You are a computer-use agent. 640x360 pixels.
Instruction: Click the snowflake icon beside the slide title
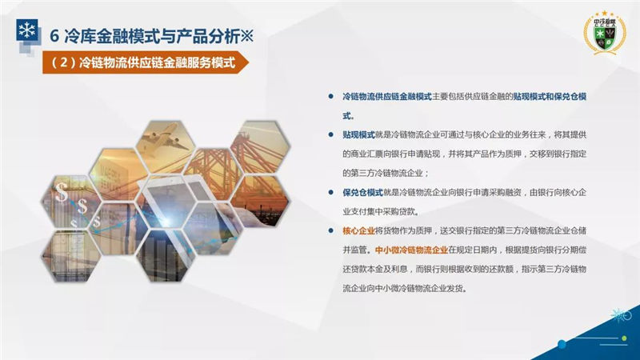click(x=27, y=30)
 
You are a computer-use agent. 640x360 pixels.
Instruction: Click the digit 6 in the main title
click(x=54, y=36)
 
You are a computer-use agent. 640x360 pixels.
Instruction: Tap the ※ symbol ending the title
click(x=246, y=36)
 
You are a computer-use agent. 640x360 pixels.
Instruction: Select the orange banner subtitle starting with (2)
click(x=145, y=62)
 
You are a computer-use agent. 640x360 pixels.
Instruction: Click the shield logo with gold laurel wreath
click(x=605, y=33)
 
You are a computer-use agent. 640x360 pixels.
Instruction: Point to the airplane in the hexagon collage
click(x=166, y=138)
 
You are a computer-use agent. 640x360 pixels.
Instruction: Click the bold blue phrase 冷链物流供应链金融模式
click(x=387, y=97)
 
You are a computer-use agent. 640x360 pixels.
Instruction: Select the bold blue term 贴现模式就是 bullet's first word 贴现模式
click(x=358, y=134)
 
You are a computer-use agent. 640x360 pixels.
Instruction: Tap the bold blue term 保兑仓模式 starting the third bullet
click(x=363, y=192)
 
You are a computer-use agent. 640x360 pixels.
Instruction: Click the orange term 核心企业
click(x=358, y=230)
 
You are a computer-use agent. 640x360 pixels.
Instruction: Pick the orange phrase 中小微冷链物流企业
click(x=411, y=250)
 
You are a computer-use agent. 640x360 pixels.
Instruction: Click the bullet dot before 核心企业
click(x=330, y=230)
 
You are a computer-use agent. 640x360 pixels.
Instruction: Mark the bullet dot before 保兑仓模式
click(x=330, y=192)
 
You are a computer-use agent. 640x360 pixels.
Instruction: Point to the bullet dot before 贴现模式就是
click(x=330, y=134)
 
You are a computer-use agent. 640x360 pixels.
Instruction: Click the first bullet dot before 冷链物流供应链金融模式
click(x=330, y=97)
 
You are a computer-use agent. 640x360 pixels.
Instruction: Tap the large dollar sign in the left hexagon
click(x=62, y=192)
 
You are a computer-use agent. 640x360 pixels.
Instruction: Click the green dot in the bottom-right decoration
click(x=624, y=338)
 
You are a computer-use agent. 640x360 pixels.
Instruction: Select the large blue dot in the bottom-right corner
click(x=562, y=344)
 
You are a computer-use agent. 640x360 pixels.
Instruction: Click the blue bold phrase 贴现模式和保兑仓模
click(x=550, y=97)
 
